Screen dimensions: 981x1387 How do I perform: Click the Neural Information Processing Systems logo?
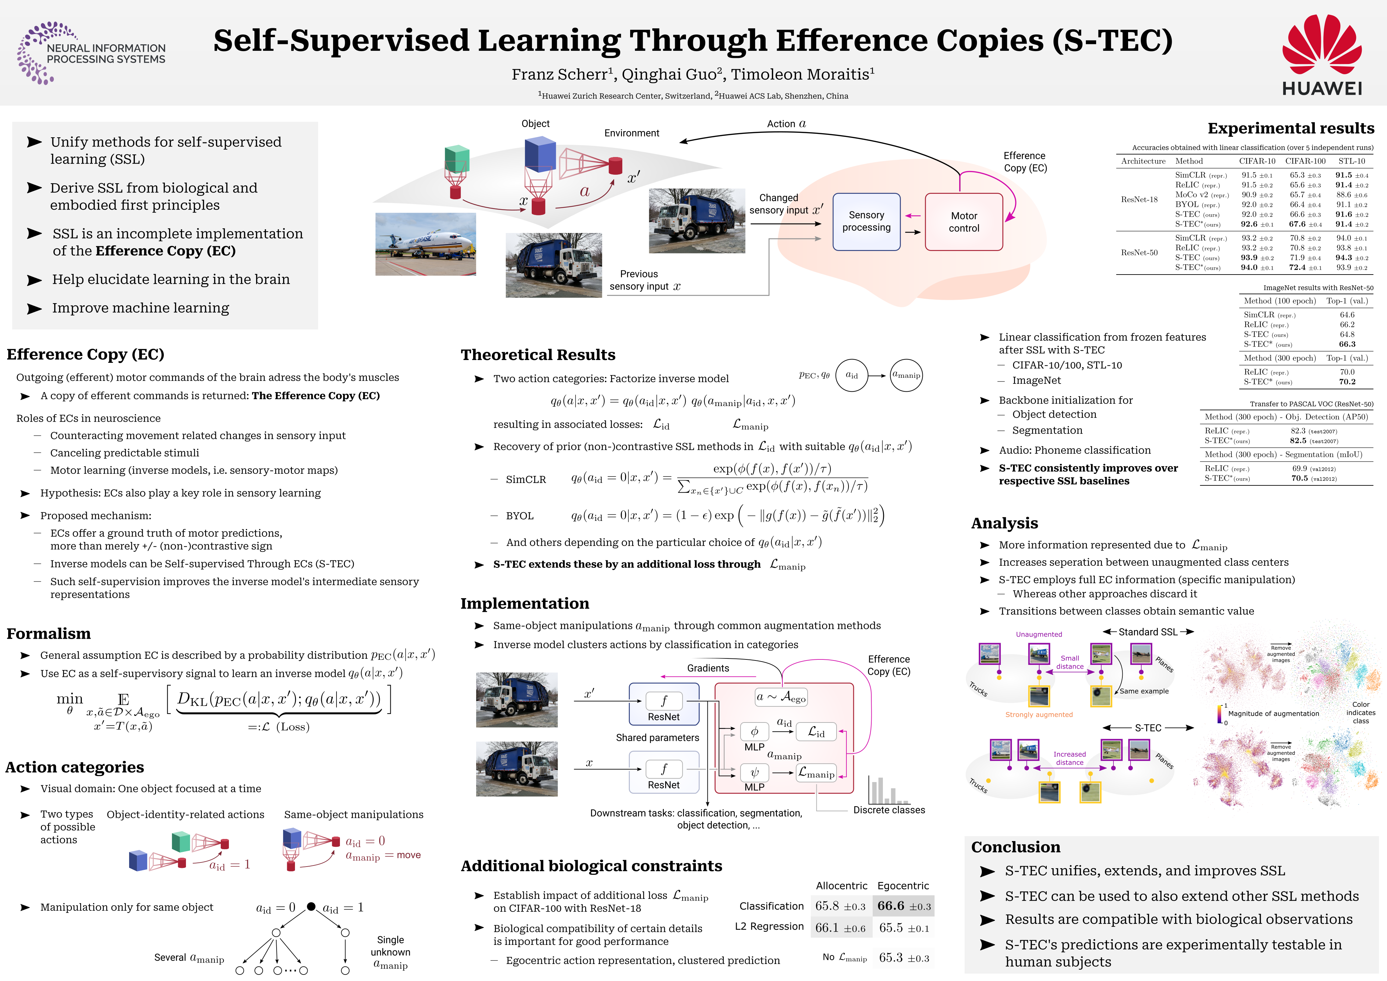(x=91, y=53)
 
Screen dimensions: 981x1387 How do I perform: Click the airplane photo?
(x=425, y=244)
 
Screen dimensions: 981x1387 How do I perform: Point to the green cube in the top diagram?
(x=457, y=158)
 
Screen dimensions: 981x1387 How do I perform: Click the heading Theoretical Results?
(x=537, y=355)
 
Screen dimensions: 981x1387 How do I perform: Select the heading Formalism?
(x=48, y=633)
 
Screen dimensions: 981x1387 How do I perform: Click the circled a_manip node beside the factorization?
(x=906, y=375)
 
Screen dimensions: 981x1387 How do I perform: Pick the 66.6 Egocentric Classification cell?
(x=903, y=905)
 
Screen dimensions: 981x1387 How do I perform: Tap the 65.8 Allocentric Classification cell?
(x=840, y=905)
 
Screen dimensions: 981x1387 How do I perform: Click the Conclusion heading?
(x=1015, y=847)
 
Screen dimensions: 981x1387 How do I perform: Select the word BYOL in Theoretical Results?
(x=519, y=516)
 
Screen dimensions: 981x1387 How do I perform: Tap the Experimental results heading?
(x=1290, y=128)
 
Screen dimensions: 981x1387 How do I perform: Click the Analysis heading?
(x=1004, y=523)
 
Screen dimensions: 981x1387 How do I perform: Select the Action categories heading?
(x=75, y=767)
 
